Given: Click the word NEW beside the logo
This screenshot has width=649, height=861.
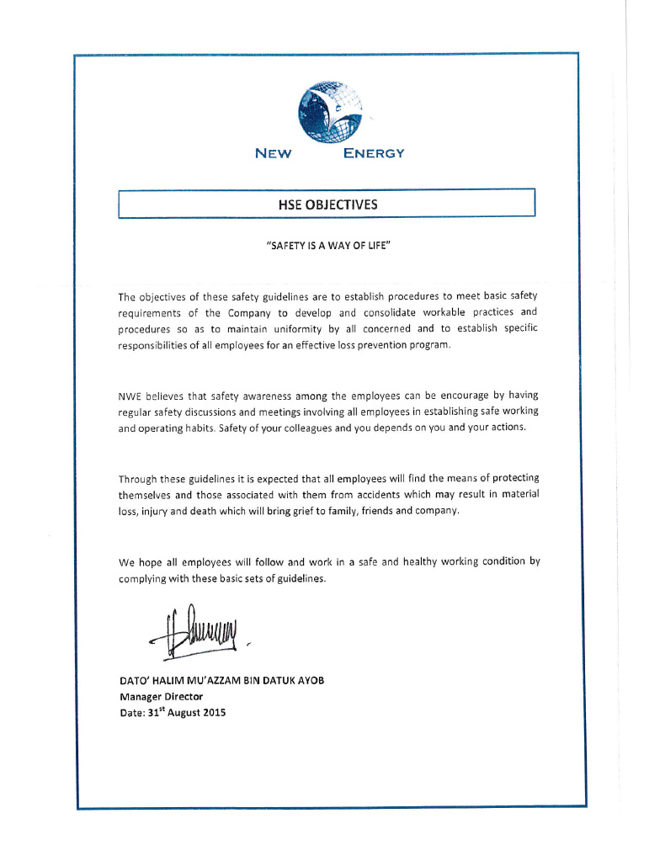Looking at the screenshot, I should coord(273,153).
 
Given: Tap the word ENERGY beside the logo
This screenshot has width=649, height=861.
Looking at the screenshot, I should coord(375,153).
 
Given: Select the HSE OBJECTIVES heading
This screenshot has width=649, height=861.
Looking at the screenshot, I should coord(327,205).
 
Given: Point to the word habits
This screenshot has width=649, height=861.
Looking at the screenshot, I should coord(194,427).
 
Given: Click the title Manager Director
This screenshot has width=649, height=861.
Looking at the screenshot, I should coord(161,697).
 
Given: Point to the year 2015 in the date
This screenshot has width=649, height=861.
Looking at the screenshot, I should coord(212,713).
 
